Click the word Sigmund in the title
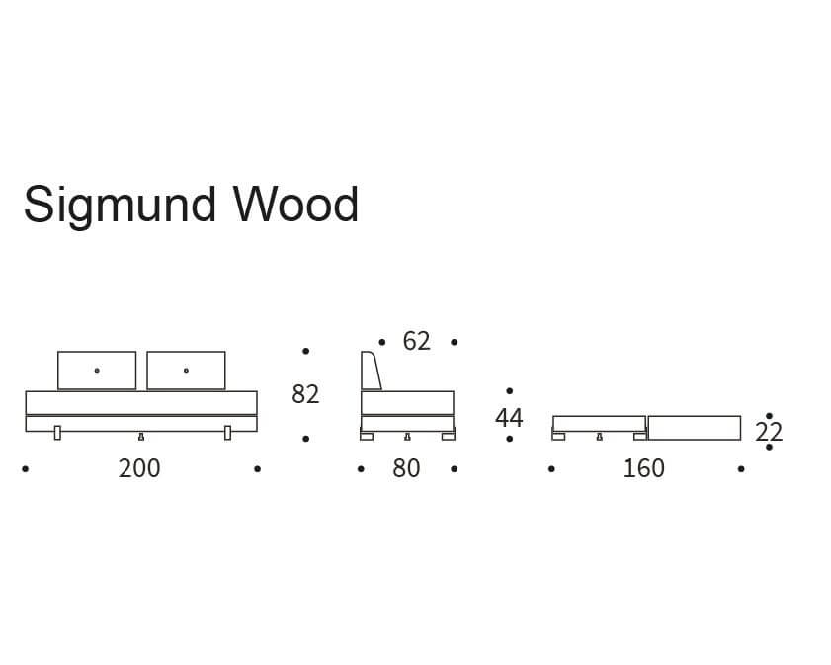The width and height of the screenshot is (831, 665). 121,207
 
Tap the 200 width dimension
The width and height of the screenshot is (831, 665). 139,468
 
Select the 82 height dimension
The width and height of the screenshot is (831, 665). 305,394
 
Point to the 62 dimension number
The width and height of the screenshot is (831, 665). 417,341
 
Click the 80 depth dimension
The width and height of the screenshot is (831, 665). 406,468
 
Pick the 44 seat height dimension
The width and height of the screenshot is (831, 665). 509,418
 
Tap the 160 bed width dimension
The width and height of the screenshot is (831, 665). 643,468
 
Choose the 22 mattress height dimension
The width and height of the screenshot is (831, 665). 769,433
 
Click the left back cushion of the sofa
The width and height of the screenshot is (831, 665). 97,371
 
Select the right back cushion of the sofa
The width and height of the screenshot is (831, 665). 186,371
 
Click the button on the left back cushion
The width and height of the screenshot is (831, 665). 97,371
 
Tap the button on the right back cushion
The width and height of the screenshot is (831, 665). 186,371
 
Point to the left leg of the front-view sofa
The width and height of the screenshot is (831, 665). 57,433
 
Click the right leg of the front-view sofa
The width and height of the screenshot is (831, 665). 228,433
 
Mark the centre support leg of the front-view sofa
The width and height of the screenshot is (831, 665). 141,437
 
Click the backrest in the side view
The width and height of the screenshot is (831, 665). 370,371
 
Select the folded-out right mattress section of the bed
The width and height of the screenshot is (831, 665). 695,428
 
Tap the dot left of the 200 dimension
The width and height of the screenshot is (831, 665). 26,469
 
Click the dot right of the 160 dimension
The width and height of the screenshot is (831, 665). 741,469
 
